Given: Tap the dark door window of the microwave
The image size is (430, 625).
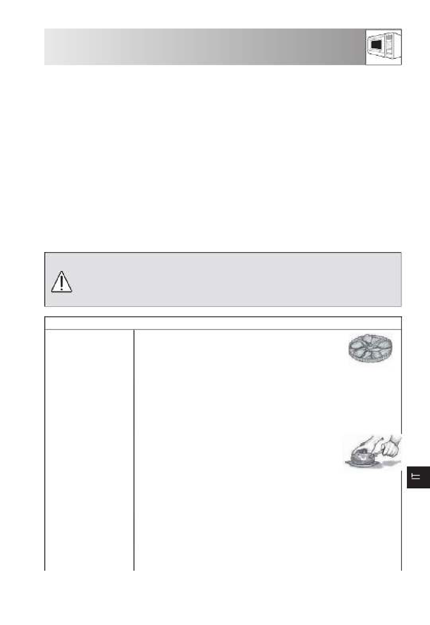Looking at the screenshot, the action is click(x=376, y=45).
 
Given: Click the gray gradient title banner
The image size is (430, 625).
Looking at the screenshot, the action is click(x=205, y=47).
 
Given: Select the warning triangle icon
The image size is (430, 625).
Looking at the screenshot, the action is click(x=62, y=282).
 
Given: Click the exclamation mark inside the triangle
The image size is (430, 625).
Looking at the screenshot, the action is click(x=62, y=283).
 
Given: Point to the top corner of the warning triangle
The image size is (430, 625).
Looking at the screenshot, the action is click(x=62, y=271).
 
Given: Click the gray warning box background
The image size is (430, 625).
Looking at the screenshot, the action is click(x=223, y=279).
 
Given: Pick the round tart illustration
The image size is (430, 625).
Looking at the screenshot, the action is click(x=370, y=349).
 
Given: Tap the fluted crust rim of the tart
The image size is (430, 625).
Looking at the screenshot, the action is click(x=370, y=359).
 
